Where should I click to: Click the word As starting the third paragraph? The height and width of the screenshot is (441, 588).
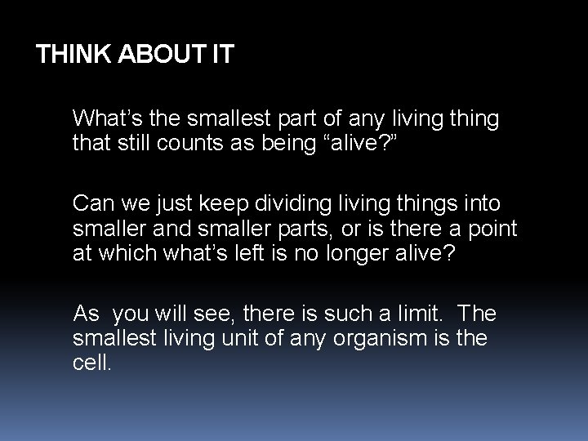(86, 314)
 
